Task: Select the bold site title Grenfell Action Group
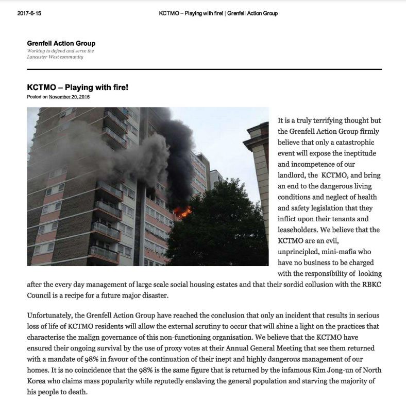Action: [x=61, y=43]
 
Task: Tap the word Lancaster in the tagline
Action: [x=40, y=57]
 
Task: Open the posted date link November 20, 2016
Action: [x=69, y=97]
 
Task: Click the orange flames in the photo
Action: [x=182, y=211]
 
